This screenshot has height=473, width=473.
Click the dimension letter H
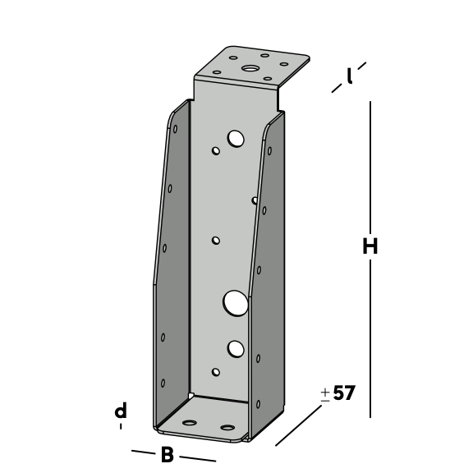(x=370, y=246)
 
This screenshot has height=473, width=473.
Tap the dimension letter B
(x=168, y=455)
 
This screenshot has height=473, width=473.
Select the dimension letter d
(x=121, y=411)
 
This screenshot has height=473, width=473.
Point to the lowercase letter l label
(x=349, y=76)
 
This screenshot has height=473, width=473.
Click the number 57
(x=344, y=393)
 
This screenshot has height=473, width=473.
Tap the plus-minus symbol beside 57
(x=325, y=395)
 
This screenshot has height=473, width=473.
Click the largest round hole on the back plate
(x=236, y=304)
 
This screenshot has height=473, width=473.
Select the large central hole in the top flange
(x=249, y=68)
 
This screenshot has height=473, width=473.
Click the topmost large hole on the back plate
(x=236, y=139)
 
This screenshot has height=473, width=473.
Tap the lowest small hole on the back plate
(x=216, y=372)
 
